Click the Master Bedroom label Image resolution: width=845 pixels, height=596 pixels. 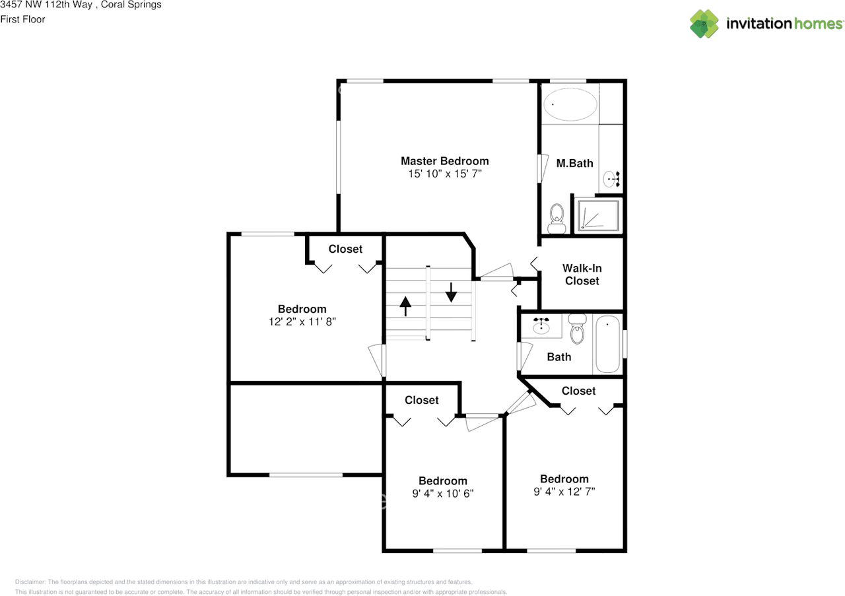click(x=444, y=161)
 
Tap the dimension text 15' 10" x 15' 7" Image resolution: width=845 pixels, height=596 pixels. click(x=444, y=174)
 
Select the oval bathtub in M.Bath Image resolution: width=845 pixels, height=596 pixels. click(x=570, y=105)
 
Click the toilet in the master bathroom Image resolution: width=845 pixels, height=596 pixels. click(x=557, y=218)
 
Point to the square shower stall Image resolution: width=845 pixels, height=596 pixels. click(x=599, y=215)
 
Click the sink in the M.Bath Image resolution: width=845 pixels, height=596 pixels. click(x=612, y=179)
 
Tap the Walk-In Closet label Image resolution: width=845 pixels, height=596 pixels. click(x=582, y=275)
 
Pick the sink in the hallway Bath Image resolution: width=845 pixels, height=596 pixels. click(x=542, y=325)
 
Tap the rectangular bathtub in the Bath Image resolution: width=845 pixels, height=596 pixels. click(x=607, y=345)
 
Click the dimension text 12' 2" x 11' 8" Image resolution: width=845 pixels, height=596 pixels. click(x=302, y=322)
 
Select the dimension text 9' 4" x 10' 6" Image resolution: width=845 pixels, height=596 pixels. click(x=442, y=494)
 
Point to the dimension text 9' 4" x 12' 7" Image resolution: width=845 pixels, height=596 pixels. click(x=564, y=492)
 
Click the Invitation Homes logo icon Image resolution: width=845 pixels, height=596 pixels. click(x=704, y=24)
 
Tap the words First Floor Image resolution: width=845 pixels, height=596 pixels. click(x=22, y=19)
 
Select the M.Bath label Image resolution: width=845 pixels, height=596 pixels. click(x=574, y=163)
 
